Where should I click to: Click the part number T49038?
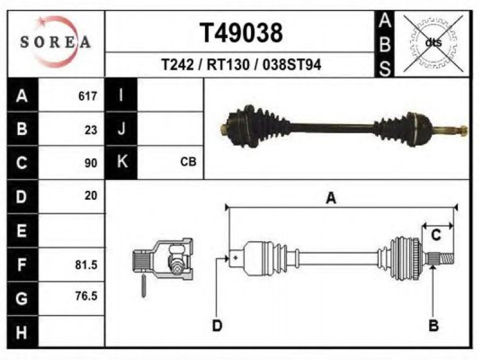[241, 33]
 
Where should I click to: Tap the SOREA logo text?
[55, 41]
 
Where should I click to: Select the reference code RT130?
[229, 65]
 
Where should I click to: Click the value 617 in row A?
[88, 96]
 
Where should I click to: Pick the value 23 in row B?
[91, 130]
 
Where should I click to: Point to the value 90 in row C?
[91, 163]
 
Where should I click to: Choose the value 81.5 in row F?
[86, 265]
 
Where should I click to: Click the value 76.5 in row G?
[86, 296]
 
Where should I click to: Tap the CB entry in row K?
[188, 161]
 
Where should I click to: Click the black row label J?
[121, 128]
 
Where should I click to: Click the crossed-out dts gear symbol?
[433, 43]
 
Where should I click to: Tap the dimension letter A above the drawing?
[331, 198]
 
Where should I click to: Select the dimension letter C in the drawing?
[436, 235]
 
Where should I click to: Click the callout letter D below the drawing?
[217, 325]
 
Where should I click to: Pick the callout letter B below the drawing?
[433, 325]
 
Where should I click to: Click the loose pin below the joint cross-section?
[143, 286]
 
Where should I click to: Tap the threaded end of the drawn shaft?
[446, 259]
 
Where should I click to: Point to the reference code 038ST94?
[292, 65]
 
